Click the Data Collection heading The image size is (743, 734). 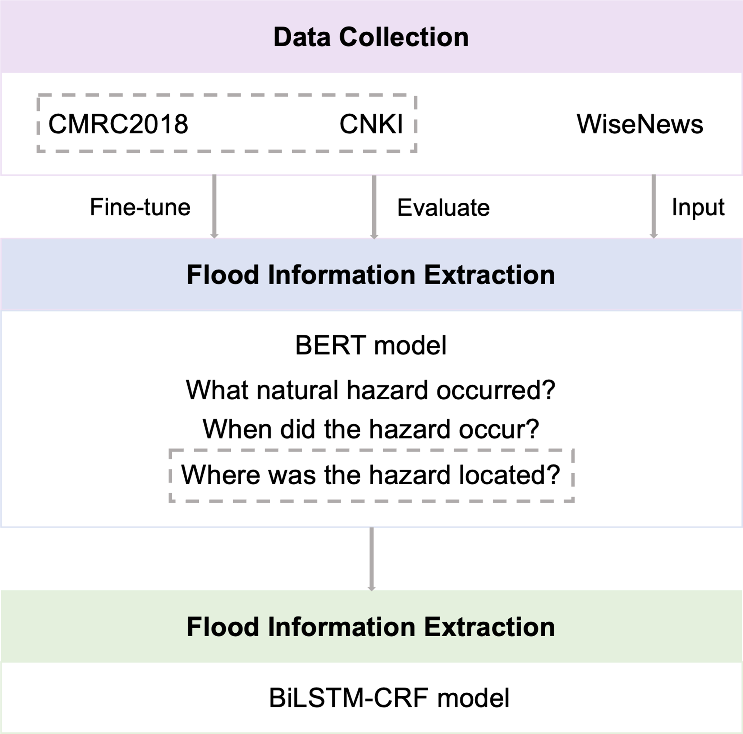[x=371, y=37]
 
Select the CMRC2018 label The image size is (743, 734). [x=118, y=124]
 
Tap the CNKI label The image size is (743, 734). [x=371, y=124]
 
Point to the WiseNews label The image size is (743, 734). [x=640, y=124]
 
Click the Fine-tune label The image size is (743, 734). [x=140, y=207]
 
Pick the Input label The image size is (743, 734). [x=698, y=208]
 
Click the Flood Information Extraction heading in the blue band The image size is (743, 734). [x=371, y=275]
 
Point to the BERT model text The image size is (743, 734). [x=371, y=345]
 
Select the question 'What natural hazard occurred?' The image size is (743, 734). [x=371, y=390]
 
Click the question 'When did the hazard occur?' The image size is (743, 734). [x=371, y=429]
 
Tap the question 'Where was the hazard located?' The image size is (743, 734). [x=371, y=475]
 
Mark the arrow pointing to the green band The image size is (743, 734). [x=371, y=559]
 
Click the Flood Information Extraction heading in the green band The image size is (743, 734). [x=371, y=627]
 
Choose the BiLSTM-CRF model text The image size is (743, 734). [x=389, y=698]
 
